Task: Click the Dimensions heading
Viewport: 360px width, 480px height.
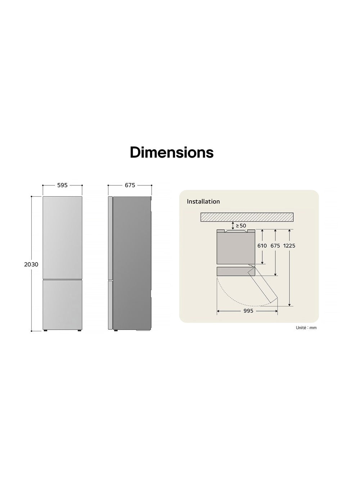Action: click(172, 152)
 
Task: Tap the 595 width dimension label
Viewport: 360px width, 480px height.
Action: click(62, 185)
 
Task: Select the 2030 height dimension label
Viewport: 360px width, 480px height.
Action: click(31, 264)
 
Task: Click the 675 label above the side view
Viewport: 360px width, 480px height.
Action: click(130, 185)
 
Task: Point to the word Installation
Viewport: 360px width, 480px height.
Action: click(203, 201)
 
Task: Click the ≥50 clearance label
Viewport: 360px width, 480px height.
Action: click(241, 225)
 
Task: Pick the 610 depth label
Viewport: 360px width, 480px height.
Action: click(262, 246)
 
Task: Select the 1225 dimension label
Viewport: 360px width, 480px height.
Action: click(289, 246)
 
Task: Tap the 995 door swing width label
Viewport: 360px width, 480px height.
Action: click(248, 311)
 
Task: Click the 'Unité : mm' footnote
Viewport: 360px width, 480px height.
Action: click(306, 328)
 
